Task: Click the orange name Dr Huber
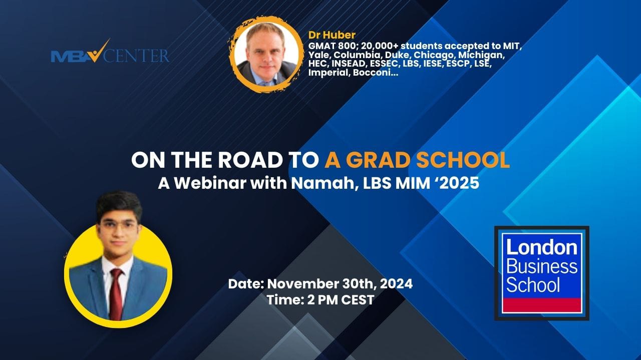click(x=332, y=35)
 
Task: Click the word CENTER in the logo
click(x=136, y=56)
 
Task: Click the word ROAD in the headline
click(x=250, y=160)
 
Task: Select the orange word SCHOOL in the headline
click(x=463, y=160)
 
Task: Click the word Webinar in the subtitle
click(x=210, y=183)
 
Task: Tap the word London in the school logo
click(x=542, y=248)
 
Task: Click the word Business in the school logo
click(x=542, y=267)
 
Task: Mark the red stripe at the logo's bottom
click(x=542, y=305)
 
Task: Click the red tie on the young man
click(x=116, y=294)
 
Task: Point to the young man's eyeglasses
click(x=118, y=225)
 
